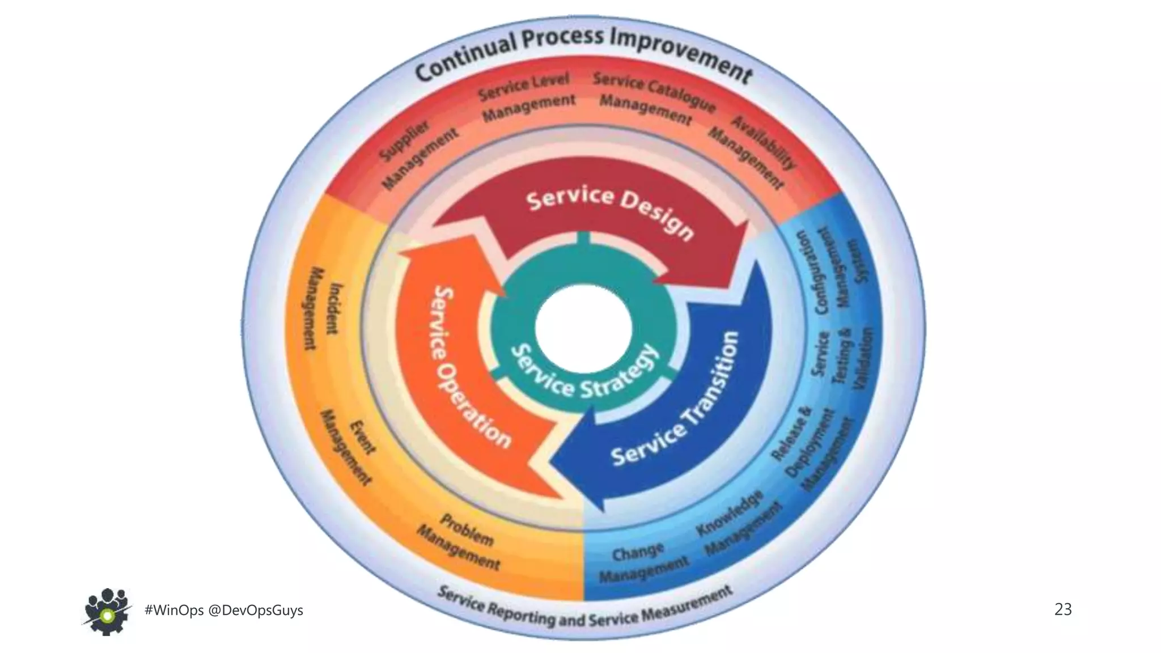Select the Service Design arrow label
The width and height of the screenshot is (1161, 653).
point(609,213)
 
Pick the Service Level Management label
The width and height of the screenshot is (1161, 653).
point(527,97)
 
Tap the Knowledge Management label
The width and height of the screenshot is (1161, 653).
point(737,524)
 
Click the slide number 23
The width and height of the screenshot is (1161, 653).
point(1062,609)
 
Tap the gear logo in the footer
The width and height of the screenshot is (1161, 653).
point(107,611)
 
